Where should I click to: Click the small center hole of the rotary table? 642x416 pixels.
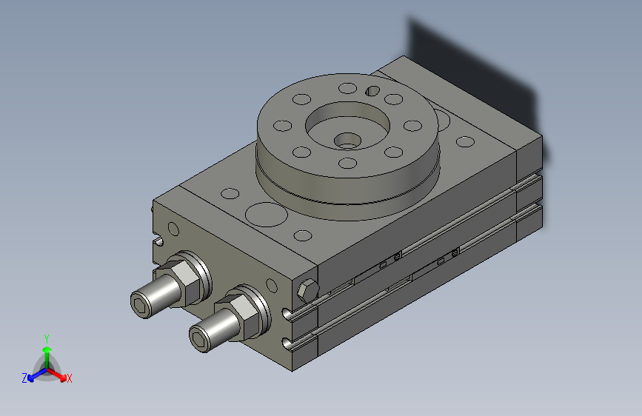347,140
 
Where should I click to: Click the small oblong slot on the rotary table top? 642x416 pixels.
374,90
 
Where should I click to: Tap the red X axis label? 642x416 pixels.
70,379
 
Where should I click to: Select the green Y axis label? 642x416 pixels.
47,337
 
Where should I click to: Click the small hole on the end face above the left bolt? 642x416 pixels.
173,228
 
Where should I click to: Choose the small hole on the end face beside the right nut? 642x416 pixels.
270,285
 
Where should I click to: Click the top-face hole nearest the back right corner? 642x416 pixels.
465,141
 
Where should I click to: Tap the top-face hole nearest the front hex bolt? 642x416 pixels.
302,236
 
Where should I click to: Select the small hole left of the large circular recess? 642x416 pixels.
230,194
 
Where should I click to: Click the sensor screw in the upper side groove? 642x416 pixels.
398,257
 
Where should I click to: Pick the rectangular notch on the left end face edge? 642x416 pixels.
159,241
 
